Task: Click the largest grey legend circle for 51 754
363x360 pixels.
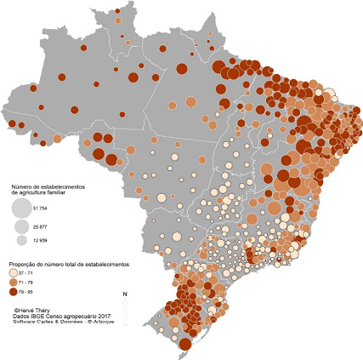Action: click(20, 209)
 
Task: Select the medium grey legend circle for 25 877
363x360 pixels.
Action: click(20, 226)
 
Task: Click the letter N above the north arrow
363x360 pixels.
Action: click(125, 294)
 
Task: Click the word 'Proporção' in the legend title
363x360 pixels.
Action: click(23, 266)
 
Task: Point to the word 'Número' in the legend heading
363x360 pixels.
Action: click(20, 185)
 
